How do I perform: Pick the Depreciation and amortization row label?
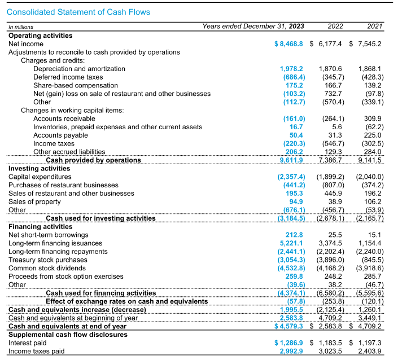(x=79, y=69)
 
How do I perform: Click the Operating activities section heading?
(x=40, y=36)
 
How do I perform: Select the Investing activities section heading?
(x=39, y=168)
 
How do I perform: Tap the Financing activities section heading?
(x=41, y=226)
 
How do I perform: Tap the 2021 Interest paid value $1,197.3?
(x=366, y=343)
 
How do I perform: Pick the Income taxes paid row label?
(x=36, y=351)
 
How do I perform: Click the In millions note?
(x=20, y=27)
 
